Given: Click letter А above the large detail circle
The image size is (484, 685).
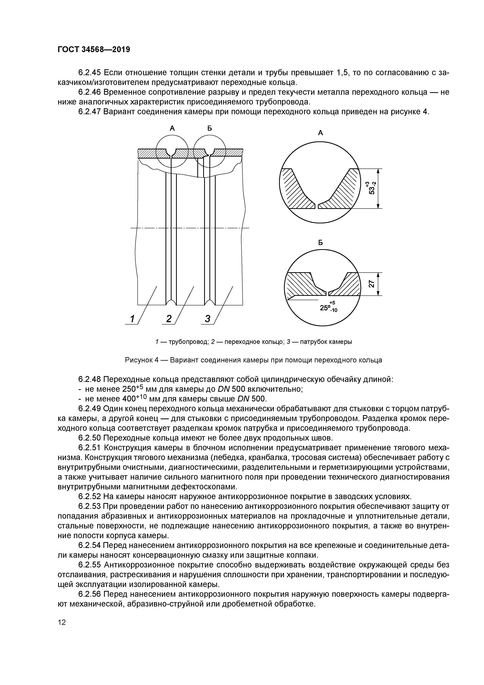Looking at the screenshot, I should pos(321,133).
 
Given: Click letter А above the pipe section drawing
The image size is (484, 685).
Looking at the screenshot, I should pos(172,128).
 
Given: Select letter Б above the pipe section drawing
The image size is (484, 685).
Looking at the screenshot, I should pos(210,128).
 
